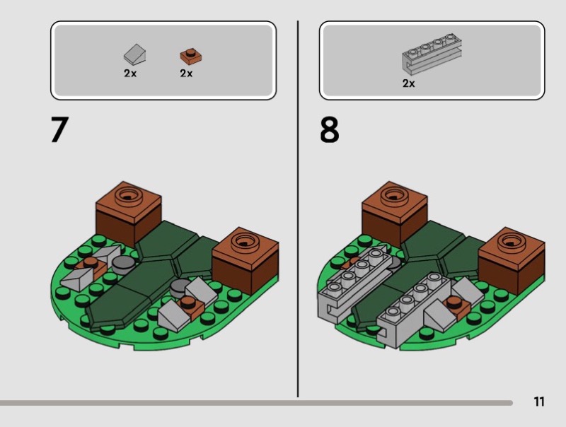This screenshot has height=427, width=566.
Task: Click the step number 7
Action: click(59, 129)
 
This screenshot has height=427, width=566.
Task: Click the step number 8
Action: click(329, 129)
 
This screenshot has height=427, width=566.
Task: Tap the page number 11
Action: click(539, 402)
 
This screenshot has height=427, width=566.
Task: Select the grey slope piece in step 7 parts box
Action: click(134, 54)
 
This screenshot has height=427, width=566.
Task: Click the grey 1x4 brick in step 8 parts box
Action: click(432, 54)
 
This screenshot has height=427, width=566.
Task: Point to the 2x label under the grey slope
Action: click(130, 74)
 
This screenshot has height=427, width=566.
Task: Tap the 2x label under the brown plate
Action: click(186, 74)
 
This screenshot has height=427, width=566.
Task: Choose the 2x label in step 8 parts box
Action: click(409, 83)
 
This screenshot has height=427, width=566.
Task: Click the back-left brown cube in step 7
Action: click(129, 212)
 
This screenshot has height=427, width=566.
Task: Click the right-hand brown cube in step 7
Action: click(246, 259)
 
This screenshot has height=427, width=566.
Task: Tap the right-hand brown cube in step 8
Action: click(512, 258)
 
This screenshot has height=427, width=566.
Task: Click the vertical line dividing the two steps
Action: click(298, 209)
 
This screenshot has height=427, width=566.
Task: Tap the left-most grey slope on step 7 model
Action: click(78, 279)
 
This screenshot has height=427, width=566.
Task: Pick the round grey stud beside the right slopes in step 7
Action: click(180, 288)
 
